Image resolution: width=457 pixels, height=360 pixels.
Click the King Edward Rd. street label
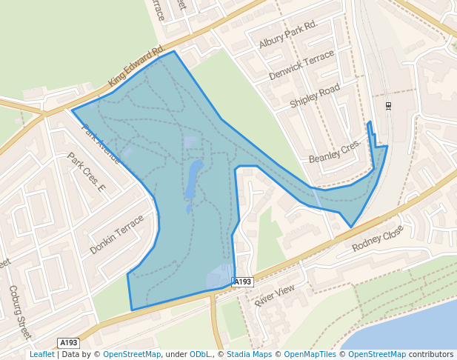click(x=136, y=67)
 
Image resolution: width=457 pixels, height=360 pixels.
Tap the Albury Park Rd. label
click(x=287, y=36)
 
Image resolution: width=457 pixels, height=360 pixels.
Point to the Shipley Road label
click(x=315, y=96)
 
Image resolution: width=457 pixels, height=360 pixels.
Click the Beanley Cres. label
click(x=334, y=151)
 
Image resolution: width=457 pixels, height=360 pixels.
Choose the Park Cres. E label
click(x=87, y=172)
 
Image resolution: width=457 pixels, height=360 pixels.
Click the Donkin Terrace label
click(x=116, y=236)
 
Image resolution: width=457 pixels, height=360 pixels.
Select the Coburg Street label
click(x=20, y=311)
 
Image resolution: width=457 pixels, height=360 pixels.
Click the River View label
click(x=275, y=295)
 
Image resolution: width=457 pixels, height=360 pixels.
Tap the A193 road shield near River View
click(x=243, y=282)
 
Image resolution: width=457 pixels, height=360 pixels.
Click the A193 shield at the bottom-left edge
click(x=69, y=342)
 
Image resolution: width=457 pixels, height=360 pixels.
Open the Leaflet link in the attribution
click(x=42, y=355)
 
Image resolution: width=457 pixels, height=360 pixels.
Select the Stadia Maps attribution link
click(x=249, y=355)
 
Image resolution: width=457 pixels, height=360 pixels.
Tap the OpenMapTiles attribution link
click(x=310, y=355)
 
